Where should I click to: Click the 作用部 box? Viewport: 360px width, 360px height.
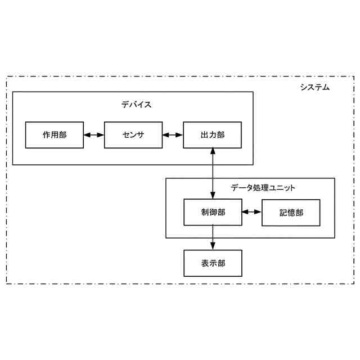click(55, 134)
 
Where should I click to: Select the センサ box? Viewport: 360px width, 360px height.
click(133, 134)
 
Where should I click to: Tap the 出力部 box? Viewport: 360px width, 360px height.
click(212, 134)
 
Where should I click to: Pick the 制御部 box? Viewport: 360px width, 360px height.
click(213, 212)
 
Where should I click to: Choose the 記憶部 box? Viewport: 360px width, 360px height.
click(291, 212)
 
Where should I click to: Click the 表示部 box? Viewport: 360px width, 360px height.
click(213, 263)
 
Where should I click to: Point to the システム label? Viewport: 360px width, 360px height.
click(314, 87)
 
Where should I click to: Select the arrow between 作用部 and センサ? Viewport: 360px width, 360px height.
click(94, 135)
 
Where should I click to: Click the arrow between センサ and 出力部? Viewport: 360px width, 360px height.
click(173, 135)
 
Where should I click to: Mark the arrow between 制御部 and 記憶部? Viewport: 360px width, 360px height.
click(252, 212)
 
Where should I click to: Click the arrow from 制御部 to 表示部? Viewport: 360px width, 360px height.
click(213, 237)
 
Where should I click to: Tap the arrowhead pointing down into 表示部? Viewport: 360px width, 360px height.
click(213, 246)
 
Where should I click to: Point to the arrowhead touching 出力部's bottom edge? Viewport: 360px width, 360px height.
click(213, 151)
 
